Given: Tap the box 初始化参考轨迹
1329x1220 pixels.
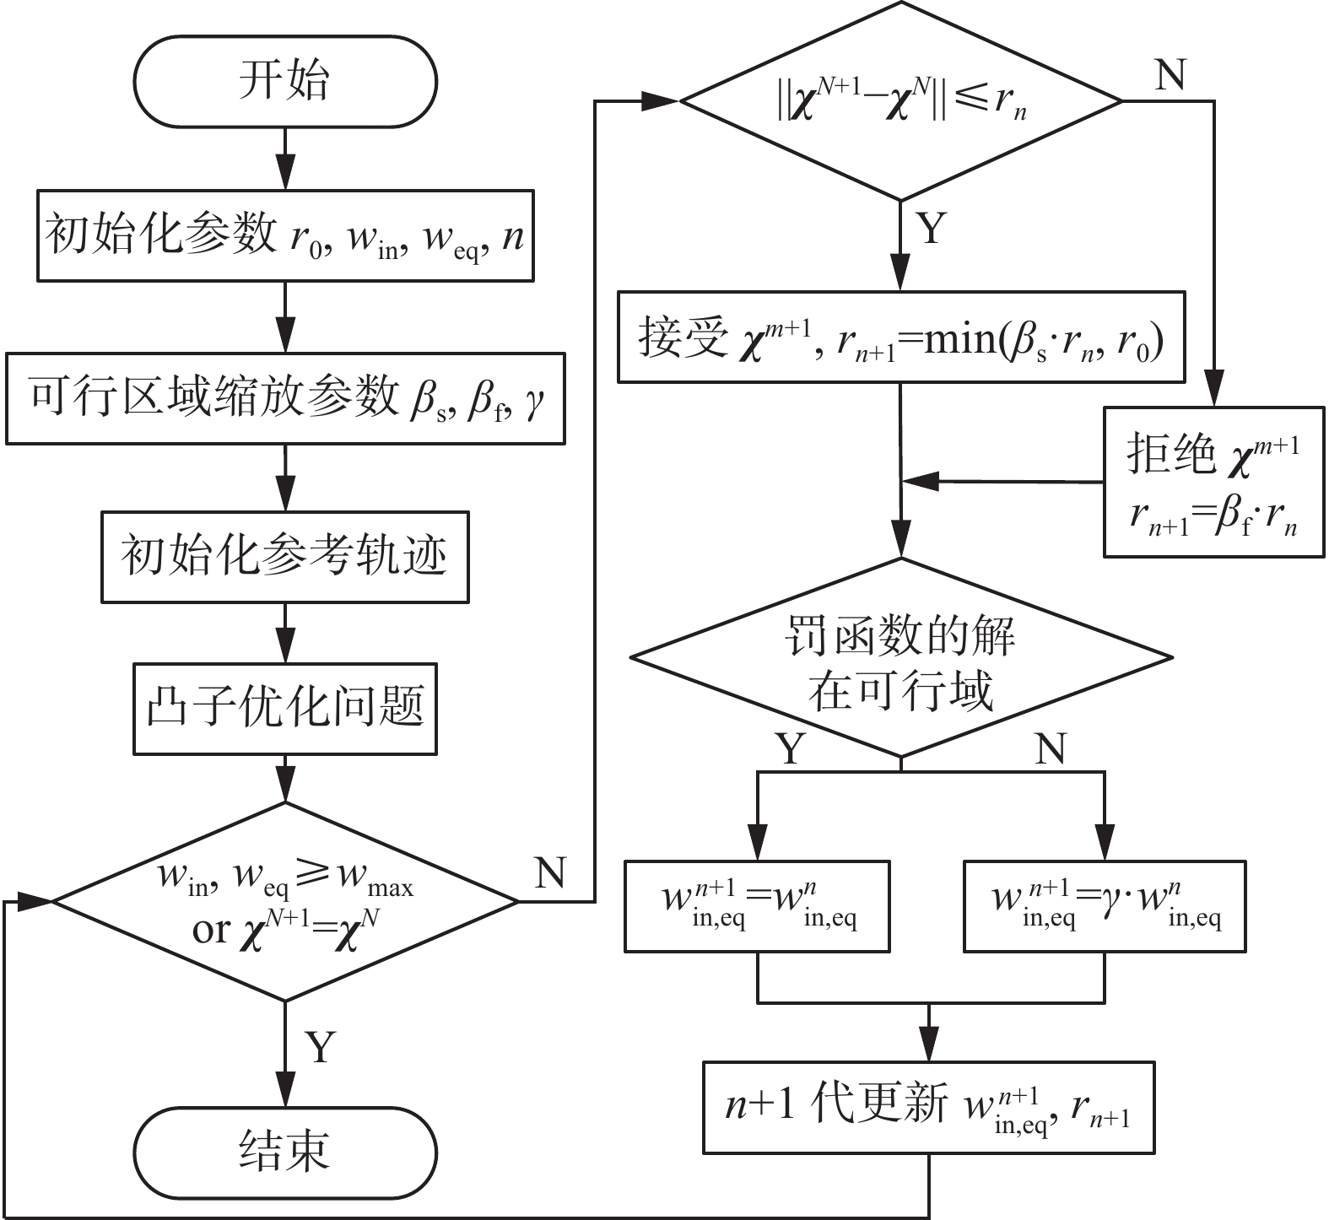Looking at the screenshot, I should (285, 557).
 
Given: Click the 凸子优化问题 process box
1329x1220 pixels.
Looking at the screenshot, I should (285, 709).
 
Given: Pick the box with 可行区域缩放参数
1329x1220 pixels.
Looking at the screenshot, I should (285, 398).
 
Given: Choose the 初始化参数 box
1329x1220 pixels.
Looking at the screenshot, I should (285, 235).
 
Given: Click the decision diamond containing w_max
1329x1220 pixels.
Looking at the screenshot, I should (285, 901).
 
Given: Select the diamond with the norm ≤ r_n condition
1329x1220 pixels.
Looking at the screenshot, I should (901, 101).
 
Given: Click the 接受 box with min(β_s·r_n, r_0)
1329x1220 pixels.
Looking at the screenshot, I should (901, 337).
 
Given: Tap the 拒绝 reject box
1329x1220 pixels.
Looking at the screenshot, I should (1213, 483).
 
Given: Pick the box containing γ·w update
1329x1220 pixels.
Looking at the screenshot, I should (1105, 906).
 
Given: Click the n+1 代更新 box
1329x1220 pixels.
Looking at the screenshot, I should (928, 1108).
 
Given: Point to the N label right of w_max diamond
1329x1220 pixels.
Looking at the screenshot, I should (550, 872).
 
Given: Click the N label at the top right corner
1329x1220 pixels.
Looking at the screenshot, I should (1170, 76).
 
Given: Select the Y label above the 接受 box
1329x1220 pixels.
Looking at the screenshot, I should (931, 229).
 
